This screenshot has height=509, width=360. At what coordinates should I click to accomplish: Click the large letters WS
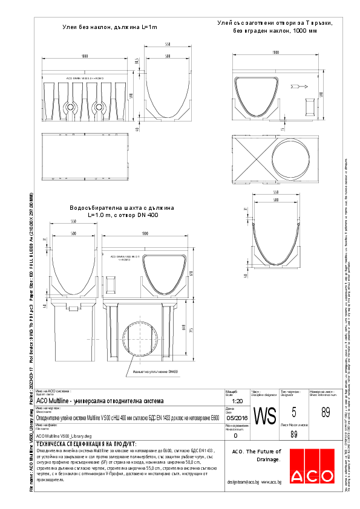coord(264,417)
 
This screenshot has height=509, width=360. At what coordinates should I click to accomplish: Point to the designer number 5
coord(293,413)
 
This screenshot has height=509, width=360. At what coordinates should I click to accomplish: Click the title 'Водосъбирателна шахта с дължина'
coord(122,207)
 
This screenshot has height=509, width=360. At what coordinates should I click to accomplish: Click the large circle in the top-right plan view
coord(289,160)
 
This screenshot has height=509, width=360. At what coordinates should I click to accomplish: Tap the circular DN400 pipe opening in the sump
coord(143,341)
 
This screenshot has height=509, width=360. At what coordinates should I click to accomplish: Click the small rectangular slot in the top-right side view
coord(309,106)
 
